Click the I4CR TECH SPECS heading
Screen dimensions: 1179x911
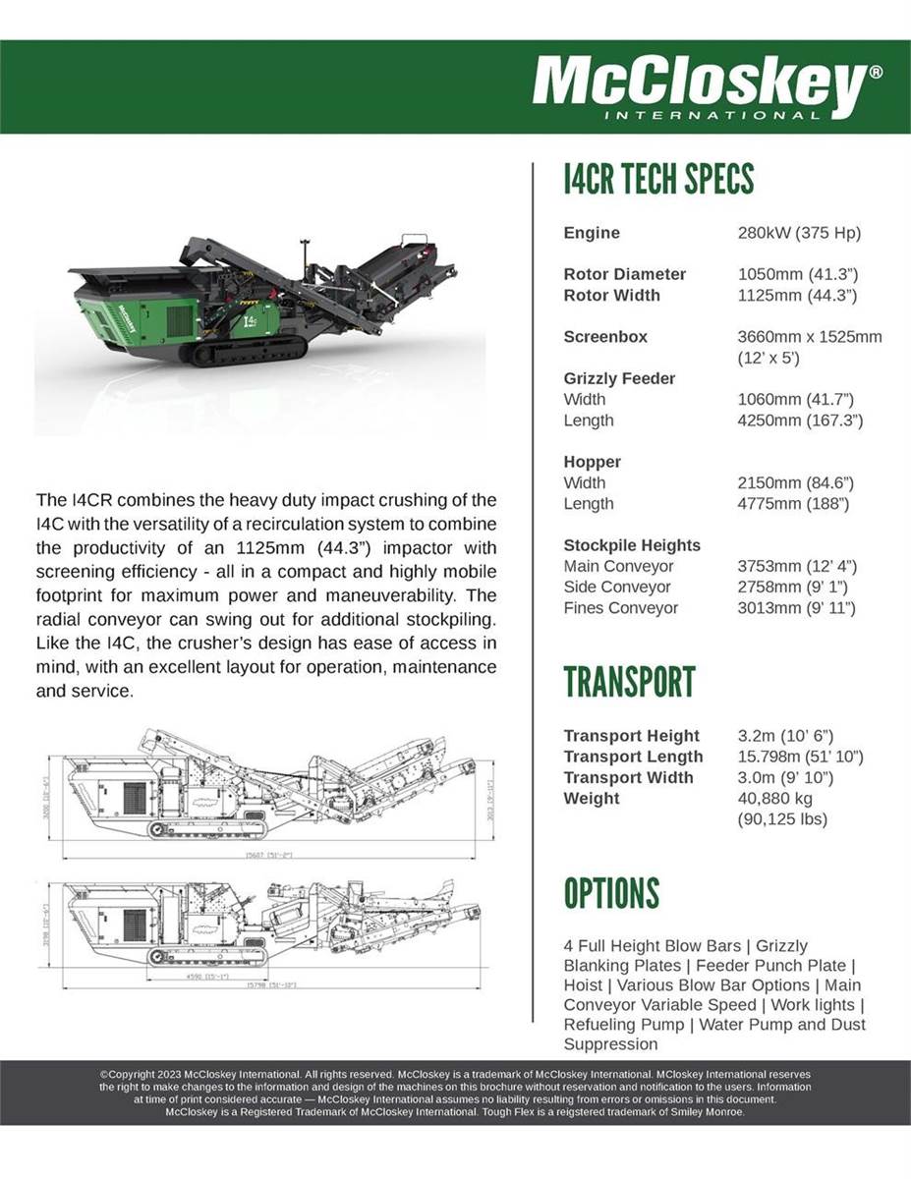click(x=658, y=180)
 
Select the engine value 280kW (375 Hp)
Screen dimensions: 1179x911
click(x=799, y=233)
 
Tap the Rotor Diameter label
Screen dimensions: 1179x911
click(x=624, y=274)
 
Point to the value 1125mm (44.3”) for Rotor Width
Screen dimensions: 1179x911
click(x=797, y=295)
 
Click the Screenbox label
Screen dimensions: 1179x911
click(x=605, y=337)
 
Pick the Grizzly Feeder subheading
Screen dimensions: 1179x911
click(x=619, y=378)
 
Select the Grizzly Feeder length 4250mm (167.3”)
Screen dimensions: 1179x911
click(x=800, y=421)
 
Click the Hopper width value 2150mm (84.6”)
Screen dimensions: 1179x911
click(x=796, y=482)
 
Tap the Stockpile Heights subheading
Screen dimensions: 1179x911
click(x=632, y=545)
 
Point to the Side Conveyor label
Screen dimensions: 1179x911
click(x=617, y=587)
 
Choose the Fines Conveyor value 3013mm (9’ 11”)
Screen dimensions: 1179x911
click(x=796, y=607)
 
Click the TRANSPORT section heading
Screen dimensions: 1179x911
click(x=629, y=682)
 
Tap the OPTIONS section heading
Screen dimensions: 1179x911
click(x=611, y=893)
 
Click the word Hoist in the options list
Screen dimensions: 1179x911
click(x=583, y=985)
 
